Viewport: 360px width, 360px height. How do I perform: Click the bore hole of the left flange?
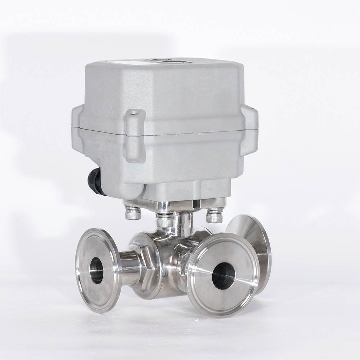[x=96, y=270]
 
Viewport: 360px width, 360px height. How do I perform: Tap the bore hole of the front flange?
[x=223, y=275]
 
